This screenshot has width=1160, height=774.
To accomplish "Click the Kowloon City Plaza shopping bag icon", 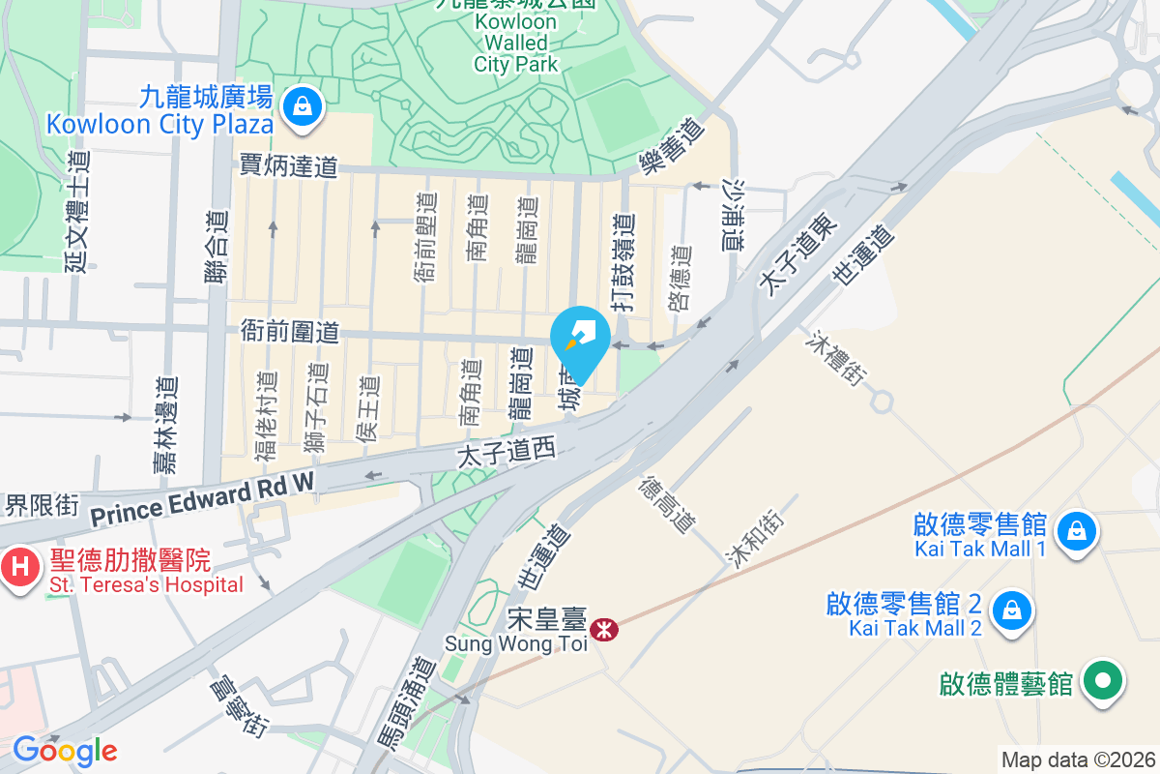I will tap(304, 104).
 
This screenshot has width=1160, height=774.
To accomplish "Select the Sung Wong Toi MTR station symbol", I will tap(605, 630).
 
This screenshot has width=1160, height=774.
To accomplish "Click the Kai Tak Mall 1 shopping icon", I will tap(1075, 530).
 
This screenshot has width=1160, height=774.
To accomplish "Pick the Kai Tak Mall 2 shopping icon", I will tap(1011, 610).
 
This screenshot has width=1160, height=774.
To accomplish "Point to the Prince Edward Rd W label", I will tap(203, 497).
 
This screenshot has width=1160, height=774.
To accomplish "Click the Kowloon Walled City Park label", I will tap(516, 44).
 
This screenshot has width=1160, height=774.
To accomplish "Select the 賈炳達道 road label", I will tap(289, 166).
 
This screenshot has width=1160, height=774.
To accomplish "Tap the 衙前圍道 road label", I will tap(290, 332).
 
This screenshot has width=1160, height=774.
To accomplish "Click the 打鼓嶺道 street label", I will tap(623, 262).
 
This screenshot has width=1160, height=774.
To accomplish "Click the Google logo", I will tap(65, 750).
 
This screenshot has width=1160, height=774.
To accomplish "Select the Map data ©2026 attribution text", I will tap(1077, 759).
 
